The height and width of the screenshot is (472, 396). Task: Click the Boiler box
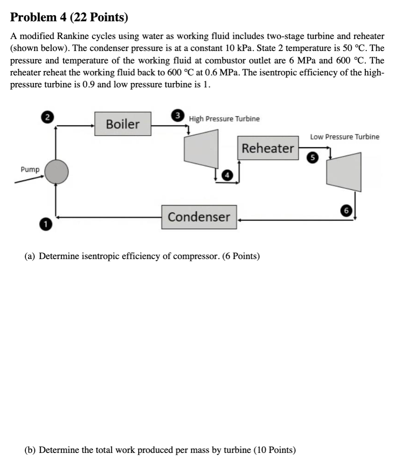pyautogui.click(x=123, y=124)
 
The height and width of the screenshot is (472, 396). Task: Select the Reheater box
pyautogui.click(x=268, y=148)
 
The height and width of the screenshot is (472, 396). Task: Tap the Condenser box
pyautogui.click(x=199, y=217)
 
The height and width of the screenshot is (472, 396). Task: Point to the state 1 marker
pyautogui.click(x=45, y=224)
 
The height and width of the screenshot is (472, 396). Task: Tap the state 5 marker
pyautogui.click(x=313, y=157)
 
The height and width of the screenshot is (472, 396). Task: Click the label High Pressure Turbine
pyautogui.click(x=224, y=119)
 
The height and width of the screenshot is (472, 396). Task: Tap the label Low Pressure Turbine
pyautogui.click(x=345, y=137)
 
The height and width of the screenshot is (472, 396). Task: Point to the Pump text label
pyautogui.click(x=30, y=169)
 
